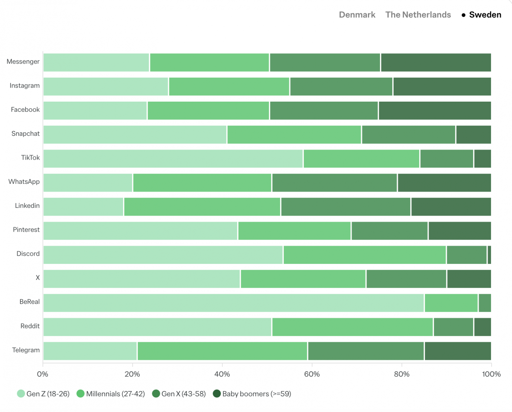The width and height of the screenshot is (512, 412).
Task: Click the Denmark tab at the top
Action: [x=357, y=15]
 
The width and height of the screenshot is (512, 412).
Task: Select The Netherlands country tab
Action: [x=418, y=15]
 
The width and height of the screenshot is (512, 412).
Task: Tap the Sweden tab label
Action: [x=485, y=15]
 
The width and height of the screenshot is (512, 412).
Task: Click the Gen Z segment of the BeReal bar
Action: [x=233, y=303]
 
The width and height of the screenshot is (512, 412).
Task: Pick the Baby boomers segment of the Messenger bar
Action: [x=436, y=62]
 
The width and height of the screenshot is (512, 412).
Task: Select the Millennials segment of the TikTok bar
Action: [x=361, y=159]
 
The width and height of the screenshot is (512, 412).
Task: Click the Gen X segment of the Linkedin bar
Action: [x=346, y=207]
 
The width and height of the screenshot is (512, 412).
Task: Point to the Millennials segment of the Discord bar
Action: [x=364, y=255]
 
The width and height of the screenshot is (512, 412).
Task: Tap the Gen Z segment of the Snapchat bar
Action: [x=135, y=134]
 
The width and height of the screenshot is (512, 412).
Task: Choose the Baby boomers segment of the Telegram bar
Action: [x=458, y=351]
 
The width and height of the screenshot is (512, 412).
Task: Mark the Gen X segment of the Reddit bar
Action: [x=453, y=327]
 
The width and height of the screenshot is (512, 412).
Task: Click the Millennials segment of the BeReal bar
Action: [x=451, y=303]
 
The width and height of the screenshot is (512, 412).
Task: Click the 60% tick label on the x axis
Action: [x=312, y=374]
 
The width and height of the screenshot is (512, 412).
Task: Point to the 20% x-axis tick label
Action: [x=132, y=374]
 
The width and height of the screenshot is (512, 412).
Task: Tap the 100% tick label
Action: [x=491, y=374]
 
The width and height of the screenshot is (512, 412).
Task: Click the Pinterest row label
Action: [x=26, y=230]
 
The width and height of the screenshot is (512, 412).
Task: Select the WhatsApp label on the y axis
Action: [x=24, y=182]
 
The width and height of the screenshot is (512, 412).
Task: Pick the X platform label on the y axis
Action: [x=38, y=278]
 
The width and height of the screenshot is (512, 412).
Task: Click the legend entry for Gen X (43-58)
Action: [x=179, y=394]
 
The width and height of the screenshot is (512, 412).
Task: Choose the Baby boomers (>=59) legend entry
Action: [x=252, y=394]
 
